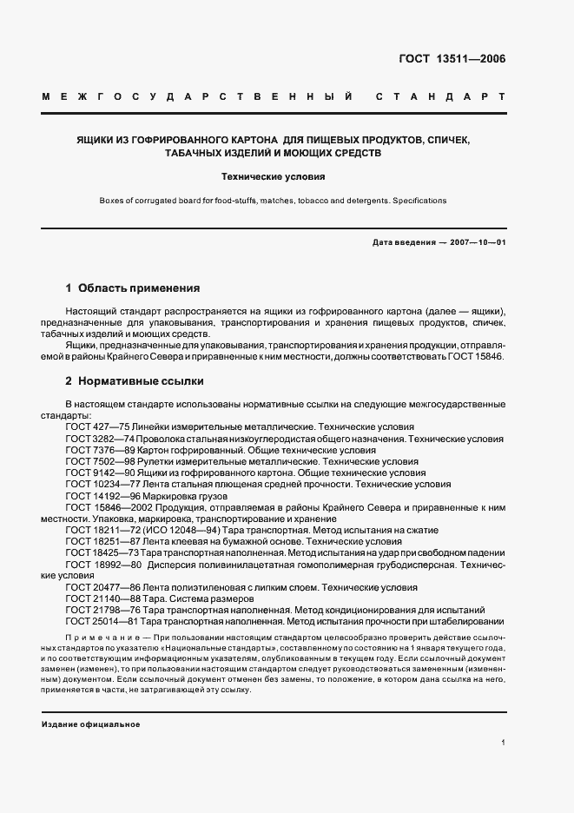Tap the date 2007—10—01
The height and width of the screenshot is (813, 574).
tap(477, 242)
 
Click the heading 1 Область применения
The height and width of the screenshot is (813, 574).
tap(133, 288)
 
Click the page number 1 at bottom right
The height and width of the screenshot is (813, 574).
tap(503, 743)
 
